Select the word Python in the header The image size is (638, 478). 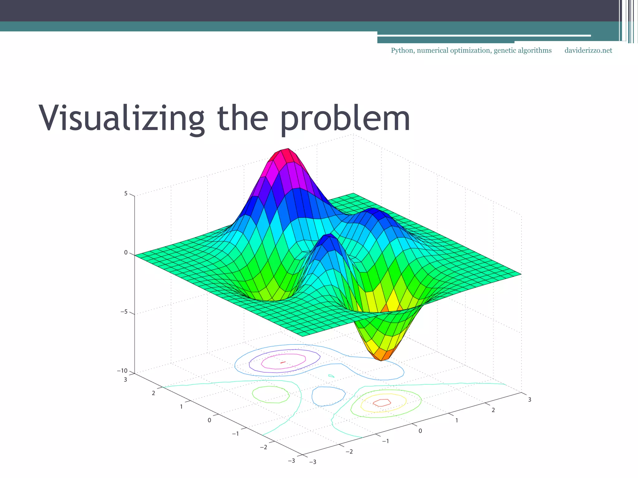point(402,51)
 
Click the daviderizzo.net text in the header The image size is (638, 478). point(588,51)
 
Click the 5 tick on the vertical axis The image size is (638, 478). point(126,194)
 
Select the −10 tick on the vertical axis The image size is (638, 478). point(122,371)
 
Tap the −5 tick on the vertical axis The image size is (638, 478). point(124,312)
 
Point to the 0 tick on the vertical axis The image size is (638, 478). point(126,253)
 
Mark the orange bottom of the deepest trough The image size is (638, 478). point(381,355)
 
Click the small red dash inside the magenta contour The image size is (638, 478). point(283,362)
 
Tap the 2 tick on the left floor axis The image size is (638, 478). point(153,393)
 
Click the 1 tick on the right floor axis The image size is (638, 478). point(457,420)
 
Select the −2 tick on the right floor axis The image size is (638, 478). point(349,451)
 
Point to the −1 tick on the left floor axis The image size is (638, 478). point(236,433)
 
